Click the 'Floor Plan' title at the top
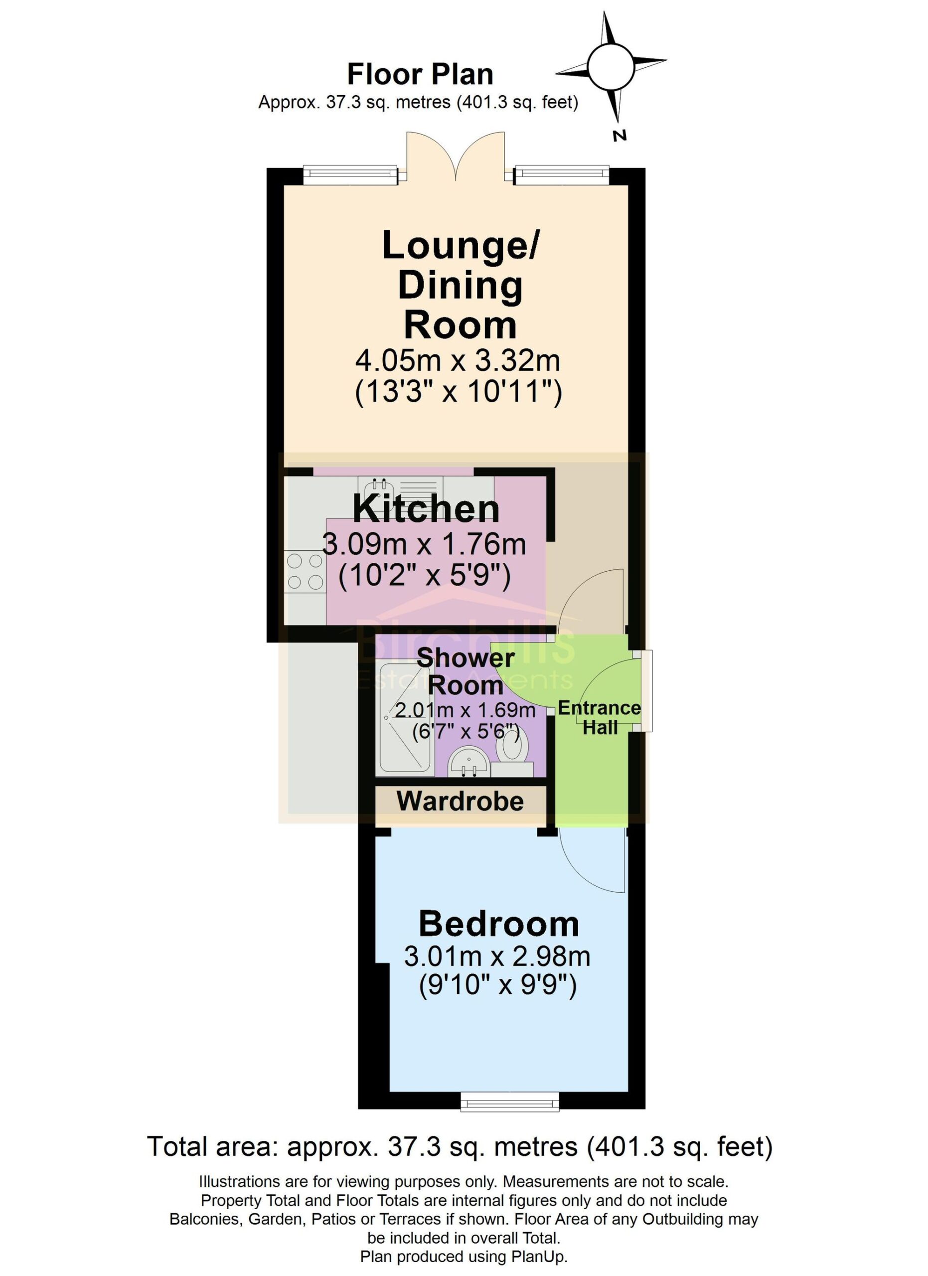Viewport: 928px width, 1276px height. pyautogui.click(x=420, y=75)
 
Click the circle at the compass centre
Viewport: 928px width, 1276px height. pyautogui.click(x=611, y=66)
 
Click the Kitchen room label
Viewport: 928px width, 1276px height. pyautogui.click(x=426, y=509)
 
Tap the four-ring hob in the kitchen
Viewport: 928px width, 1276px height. pyautogui.click(x=306, y=571)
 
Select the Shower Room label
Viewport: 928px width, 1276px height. pyautogui.click(x=465, y=671)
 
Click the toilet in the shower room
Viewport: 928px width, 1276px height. pyautogui.click(x=512, y=751)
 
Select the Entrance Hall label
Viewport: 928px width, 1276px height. pyautogui.click(x=600, y=717)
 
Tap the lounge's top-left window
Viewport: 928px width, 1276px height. pyautogui.click(x=350, y=174)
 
